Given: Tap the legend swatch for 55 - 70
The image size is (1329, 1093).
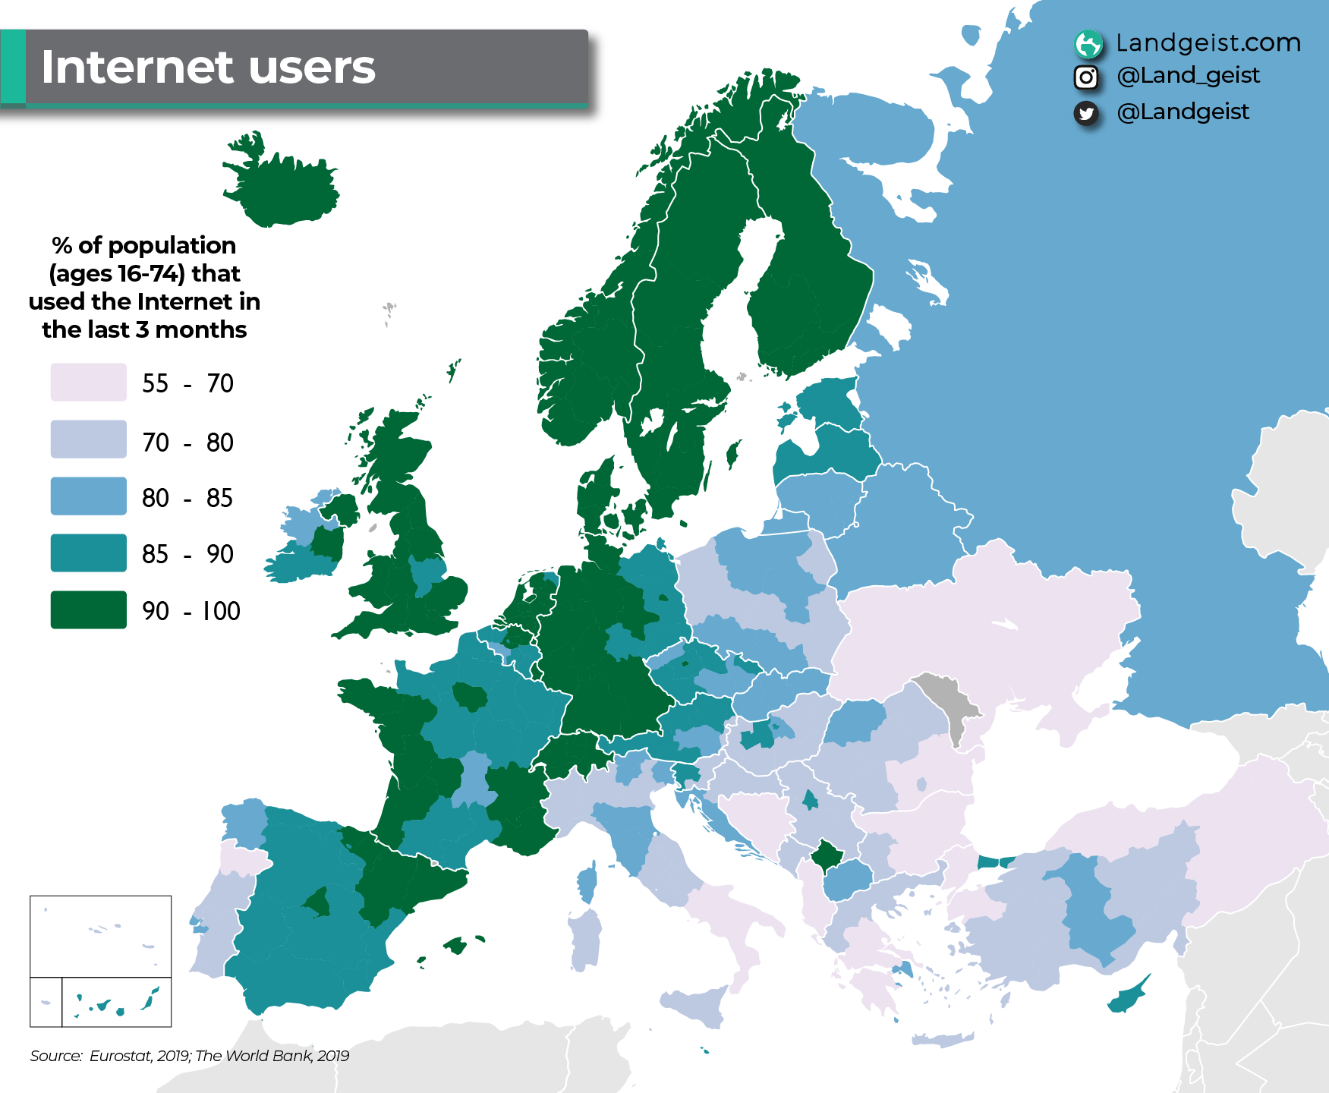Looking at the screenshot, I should [88, 382].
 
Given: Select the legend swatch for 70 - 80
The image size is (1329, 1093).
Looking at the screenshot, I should [88, 439].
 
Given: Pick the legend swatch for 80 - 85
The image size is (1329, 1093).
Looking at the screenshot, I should [88, 496].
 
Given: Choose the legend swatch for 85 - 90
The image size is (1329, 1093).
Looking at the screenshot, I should [88, 553].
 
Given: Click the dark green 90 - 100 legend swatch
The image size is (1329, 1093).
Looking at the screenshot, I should [88, 609].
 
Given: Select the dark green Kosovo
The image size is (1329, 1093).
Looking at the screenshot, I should [827, 856].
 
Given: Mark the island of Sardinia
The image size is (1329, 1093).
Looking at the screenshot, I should [585, 938].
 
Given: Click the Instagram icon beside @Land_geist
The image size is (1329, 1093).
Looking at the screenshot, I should [1086, 77].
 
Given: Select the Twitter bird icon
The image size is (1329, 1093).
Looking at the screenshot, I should [1086, 113].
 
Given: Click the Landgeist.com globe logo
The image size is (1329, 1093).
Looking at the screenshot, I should [1088, 44].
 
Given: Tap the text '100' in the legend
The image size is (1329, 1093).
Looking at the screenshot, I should [221, 611].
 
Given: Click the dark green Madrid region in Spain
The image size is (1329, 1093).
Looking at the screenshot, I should [318, 901].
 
